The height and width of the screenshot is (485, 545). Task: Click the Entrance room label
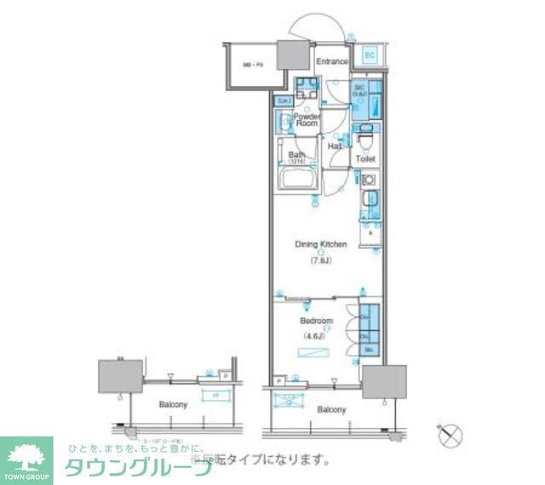pyautogui.click(x=332, y=61)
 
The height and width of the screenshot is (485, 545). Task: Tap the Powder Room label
pyautogui.click(x=307, y=119)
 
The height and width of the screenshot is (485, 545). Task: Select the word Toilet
pyautogui.click(x=365, y=159)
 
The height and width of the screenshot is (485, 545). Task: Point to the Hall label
pyautogui.click(x=336, y=147)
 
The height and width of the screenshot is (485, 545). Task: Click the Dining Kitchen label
pyautogui.click(x=321, y=245)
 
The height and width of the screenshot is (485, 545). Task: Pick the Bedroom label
pyautogui.click(x=316, y=321)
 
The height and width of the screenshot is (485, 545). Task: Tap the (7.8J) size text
pyautogui.click(x=321, y=262)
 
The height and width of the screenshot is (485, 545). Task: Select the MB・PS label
pyautogui.click(x=250, y=63)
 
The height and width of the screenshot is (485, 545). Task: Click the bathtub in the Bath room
pyautogui.click(x=297, y=181)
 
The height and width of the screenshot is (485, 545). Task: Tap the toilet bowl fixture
pyautogui.click(x=365, y=134)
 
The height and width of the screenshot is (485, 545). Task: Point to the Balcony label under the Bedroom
pyautogui.click(x=331, y=410)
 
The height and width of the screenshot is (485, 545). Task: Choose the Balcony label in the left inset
pyautogui.click(x=173, y=404)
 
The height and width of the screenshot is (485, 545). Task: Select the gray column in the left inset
pyautogui.click(x=118, y=375)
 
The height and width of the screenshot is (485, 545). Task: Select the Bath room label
pyautogui.click(x=295, y=155)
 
